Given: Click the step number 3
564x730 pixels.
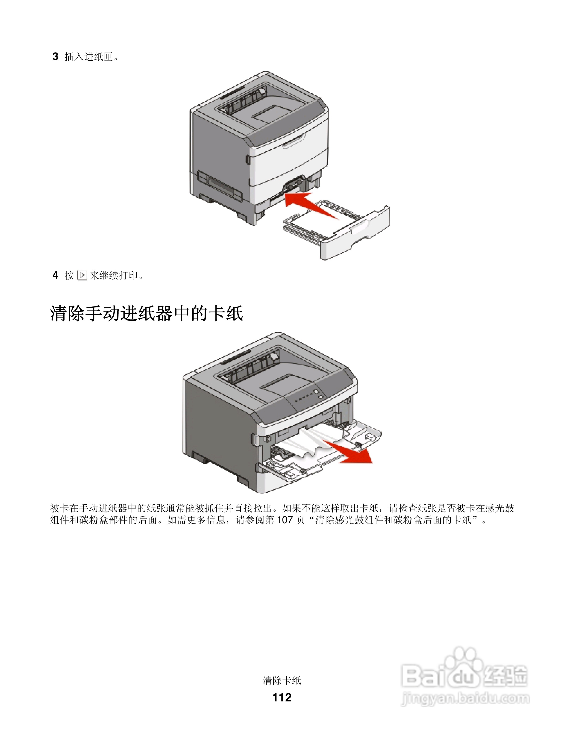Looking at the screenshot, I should tap(56, 57).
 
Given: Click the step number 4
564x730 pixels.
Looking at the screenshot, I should tap(56, 275).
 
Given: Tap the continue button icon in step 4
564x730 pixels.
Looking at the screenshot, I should tap(82, 275).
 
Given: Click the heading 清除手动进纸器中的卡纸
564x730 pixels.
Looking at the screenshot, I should tap(146, 314).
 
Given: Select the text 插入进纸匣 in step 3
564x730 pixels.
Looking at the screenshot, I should tap(88, 57).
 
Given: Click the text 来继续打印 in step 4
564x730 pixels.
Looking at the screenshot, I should tap(114, 275).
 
